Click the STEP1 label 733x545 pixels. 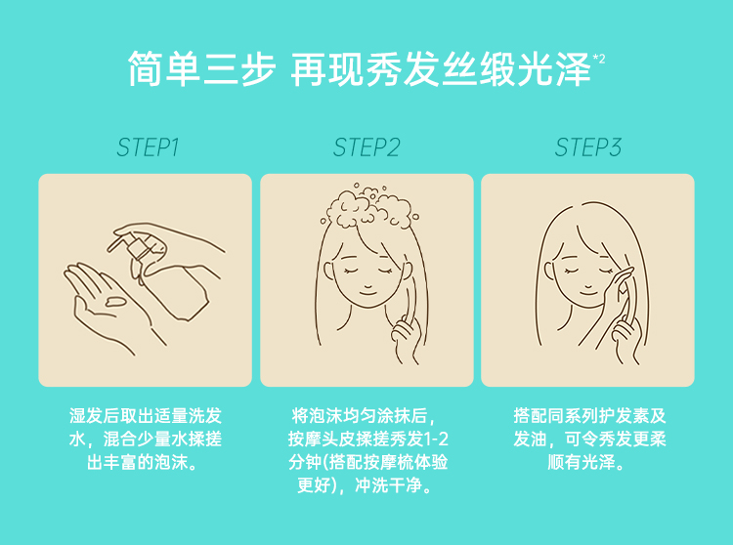pyautogui.click(x=148, y=147)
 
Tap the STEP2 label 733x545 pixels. pyautogui.click(x=366, y=147)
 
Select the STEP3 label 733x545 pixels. pyautogui.click(x=588, y=147)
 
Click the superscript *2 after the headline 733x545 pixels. pyautogui.click(x=599, y=59)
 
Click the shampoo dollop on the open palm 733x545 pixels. pyautogui.click(x=115, y=302)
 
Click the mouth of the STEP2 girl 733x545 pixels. pyautogui.click(x=367, y=292)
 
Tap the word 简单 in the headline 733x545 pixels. pyautogui.click(x=164, y=69)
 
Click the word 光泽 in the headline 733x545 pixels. pyautogui.click(x=554, y=69)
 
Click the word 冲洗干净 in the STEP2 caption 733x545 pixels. pyautogui.click(x=388, y=485)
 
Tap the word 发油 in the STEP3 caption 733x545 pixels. pyautogui.click(x=530, y=439)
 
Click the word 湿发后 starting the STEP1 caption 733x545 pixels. pyautogui.click(x=95, y=415)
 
